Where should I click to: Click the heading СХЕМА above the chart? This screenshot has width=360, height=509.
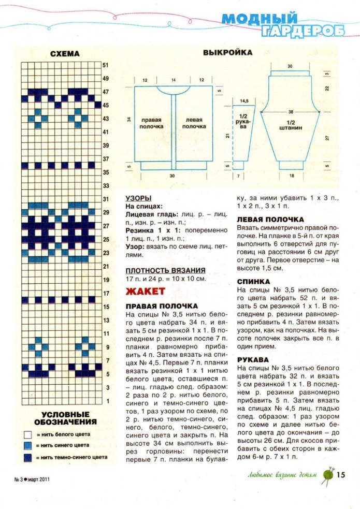click(65, 54)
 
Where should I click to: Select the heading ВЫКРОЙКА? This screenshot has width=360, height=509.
click(227, 53)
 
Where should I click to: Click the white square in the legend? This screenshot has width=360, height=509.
click(28, 434)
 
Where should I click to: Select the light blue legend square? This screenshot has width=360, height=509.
click(28, 445)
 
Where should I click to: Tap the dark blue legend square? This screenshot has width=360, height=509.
click(28, 457)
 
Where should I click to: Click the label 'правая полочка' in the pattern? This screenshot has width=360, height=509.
click(151, 123)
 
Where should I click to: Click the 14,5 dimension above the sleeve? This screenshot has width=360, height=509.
click(244, 100)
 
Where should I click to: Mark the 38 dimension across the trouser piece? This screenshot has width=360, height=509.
click(291, 112)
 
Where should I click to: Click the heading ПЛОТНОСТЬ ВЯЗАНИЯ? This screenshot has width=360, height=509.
click(166, 270)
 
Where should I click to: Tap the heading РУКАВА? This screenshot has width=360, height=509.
click(252, 359)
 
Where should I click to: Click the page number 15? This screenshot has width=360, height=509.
click(340, 474)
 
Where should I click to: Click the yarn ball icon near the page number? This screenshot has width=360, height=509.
click(327, 474)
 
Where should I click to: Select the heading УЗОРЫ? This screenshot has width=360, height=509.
click(139, 198)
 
